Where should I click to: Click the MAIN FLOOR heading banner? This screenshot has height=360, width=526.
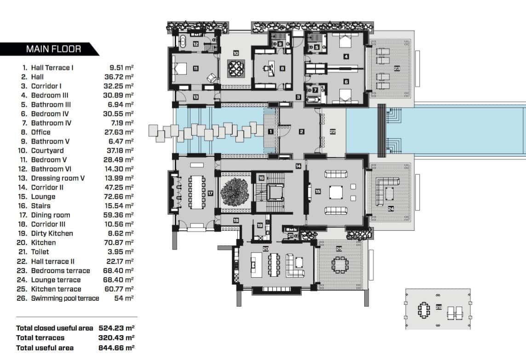[53, 49]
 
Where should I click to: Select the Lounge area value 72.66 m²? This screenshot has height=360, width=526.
[119, 196]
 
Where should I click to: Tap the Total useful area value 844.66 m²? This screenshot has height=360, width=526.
[116, 348]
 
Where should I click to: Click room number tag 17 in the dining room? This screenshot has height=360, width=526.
[211, 194]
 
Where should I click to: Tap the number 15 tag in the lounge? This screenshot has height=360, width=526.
[317, 191]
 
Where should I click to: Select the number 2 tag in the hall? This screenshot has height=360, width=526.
[302, 132]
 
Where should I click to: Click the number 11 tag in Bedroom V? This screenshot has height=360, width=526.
[195, 69]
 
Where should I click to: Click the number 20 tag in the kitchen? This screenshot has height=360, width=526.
[265, 249]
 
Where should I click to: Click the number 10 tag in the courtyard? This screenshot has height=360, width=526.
[236, 53]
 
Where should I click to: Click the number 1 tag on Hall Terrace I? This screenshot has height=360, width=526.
[271, 132]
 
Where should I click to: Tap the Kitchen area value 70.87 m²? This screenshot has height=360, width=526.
[119, 242]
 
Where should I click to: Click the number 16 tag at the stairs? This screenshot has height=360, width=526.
[261, 178]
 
